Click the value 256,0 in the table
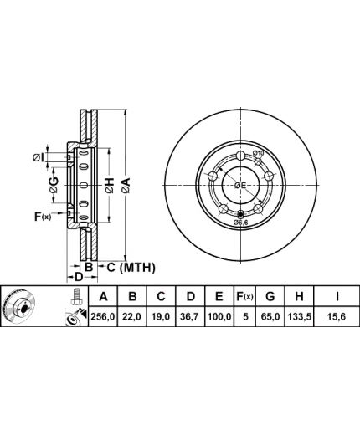(103, 316)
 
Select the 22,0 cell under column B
(131, 316)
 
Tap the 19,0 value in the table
(161, 316)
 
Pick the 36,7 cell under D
(190, 316)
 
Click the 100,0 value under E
(219, 316)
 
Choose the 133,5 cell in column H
(299, 316)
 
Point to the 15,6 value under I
(337, 316)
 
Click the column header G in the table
(270, 296)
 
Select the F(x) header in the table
(244, 296)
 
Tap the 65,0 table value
(270, 316)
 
